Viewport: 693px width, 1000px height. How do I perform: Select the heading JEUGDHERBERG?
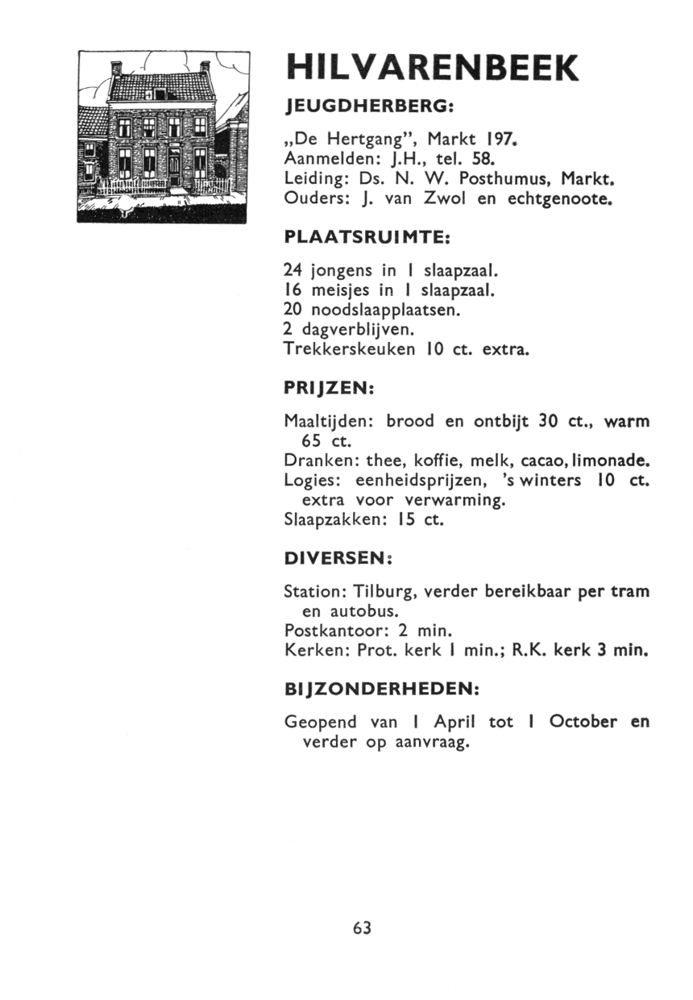(370, 106)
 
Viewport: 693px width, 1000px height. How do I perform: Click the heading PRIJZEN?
(330, 388)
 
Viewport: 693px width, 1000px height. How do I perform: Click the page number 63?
(362, 928)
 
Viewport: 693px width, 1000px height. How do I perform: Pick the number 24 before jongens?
(294, 267)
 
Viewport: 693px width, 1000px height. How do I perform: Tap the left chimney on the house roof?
(115, 69)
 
